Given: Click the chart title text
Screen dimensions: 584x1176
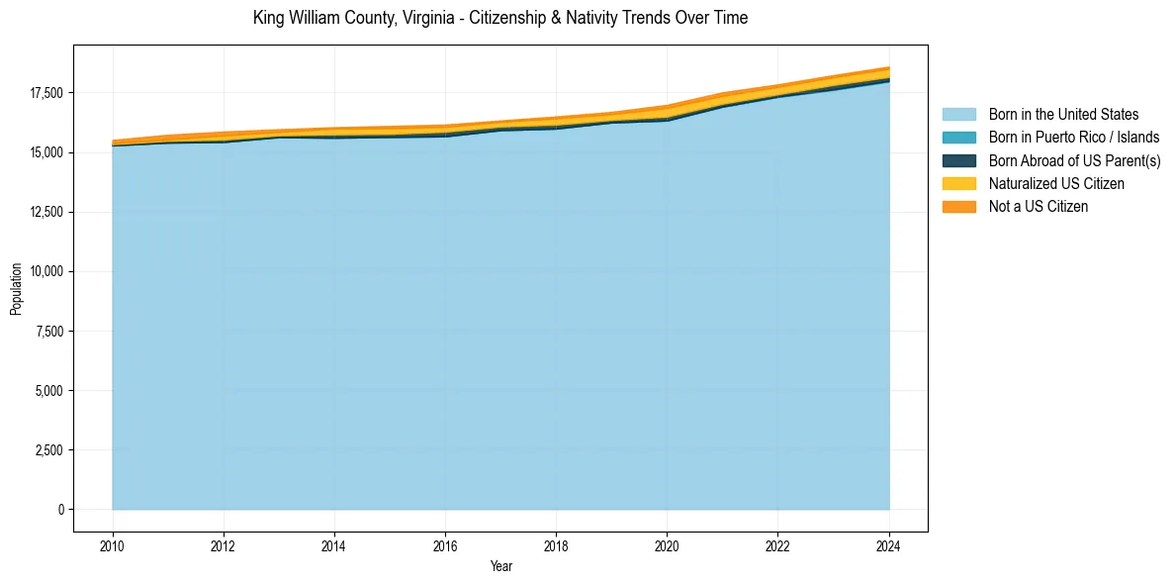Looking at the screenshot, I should click(499, 18).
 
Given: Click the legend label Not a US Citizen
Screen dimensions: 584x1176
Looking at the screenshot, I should click(1039, 206).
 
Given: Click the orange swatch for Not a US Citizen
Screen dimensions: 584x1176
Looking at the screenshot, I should click(958, 206).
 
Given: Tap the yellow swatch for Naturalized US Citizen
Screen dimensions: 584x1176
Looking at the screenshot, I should click(958, 183).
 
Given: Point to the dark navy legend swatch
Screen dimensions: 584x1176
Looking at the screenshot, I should click(958, 160).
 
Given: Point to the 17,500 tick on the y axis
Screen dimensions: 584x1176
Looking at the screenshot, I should click(47, 93).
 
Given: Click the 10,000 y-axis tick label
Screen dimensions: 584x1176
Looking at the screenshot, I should click(47, 271).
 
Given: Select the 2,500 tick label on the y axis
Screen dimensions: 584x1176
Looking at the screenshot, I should click(50, 450).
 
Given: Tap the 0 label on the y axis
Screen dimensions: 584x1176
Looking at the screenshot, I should click(61, 510).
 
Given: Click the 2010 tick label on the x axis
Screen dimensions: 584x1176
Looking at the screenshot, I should click(113, 544).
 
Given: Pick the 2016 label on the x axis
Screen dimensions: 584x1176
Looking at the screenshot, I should click(445, 544).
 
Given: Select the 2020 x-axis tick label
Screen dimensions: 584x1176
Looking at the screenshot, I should click(667, 544).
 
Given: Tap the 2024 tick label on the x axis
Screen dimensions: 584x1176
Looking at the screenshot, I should click(888, 544).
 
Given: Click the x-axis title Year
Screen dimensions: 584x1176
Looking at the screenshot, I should click(501, 566).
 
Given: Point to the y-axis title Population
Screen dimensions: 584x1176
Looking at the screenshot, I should click(16, 289).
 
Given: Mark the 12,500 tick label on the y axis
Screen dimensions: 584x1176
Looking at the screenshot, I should click(47, 212).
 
